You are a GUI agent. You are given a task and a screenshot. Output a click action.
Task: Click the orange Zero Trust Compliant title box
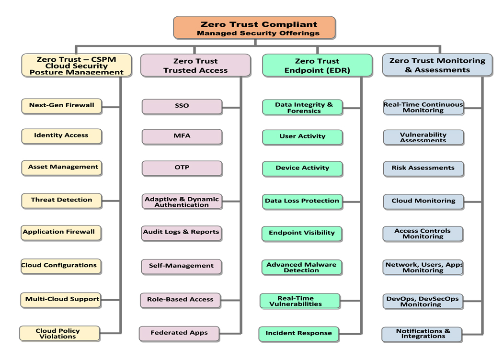pos(254,28)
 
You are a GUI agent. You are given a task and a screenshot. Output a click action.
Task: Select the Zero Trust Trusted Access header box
pos(195,66)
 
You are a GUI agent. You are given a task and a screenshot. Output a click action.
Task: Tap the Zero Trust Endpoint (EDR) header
pos(317,66)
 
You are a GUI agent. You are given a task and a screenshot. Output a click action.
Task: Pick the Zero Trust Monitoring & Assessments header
pos(437,65)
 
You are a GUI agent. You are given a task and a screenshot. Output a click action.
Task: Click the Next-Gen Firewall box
pos(62,106)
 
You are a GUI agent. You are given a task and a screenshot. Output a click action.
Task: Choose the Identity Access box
pos(62,136)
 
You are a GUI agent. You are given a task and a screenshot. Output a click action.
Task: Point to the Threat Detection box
pos(62,200)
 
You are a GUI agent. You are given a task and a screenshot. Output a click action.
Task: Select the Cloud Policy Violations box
pos(59,334)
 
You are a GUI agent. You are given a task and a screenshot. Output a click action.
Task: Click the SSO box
pos(182,106)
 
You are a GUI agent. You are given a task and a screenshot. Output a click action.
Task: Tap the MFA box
pos(182,136)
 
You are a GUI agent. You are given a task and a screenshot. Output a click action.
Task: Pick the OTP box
pos(182,168)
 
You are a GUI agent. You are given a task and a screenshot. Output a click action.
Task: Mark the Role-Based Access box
pos(180,300)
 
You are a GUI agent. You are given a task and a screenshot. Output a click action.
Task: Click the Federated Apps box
pos(179,333)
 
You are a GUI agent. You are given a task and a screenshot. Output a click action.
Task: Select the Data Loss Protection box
pos(302,202)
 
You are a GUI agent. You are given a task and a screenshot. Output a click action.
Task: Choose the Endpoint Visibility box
pos(302,234)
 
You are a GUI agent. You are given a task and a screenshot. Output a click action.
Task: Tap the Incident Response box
pos(299,334)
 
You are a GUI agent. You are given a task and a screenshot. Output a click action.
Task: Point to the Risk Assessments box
pos(423,169)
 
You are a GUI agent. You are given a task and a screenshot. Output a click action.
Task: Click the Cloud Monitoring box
pos(423,202)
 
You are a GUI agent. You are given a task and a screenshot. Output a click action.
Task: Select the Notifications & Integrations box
pos(422,334)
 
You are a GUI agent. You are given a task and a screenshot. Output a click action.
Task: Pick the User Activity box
pos(302,137)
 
